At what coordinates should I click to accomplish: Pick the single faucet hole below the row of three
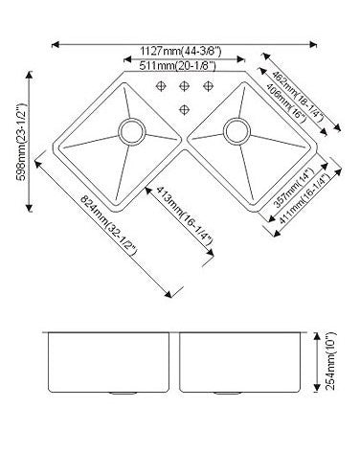pyautogui.click(x=183, y=104)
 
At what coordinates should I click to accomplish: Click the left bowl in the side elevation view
pyautogui.click(x=111, y=362)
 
